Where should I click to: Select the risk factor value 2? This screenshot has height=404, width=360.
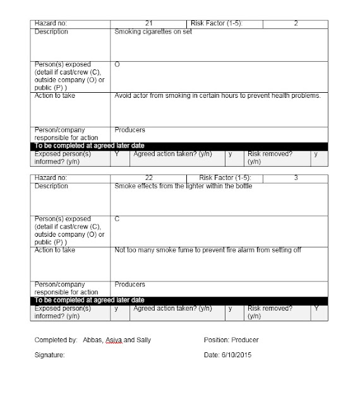tap(296, 23)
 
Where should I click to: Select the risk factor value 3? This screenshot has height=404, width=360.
tap(296, 179)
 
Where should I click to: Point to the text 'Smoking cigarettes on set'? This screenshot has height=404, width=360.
tap(153, 32)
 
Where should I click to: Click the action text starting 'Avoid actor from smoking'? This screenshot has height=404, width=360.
tap(217, 96)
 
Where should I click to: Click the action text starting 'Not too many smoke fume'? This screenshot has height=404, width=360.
tap(208, 250)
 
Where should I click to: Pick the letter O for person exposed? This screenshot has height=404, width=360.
tap(117, 64)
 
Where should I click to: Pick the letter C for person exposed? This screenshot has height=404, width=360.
tap(117, 218)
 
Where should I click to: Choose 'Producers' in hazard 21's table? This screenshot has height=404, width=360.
tap(130, 130)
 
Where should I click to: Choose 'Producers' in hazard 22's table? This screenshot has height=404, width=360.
tap(130, 285)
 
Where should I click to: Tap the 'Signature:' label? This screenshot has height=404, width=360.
tap(50, 355)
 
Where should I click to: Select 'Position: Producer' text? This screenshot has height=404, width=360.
tap(231, 340)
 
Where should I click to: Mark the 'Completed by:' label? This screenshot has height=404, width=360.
tap(56, 340)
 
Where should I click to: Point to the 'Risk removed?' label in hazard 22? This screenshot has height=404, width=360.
tap(270, 309)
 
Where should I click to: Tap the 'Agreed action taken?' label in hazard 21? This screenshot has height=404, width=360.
tap(172, 153)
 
